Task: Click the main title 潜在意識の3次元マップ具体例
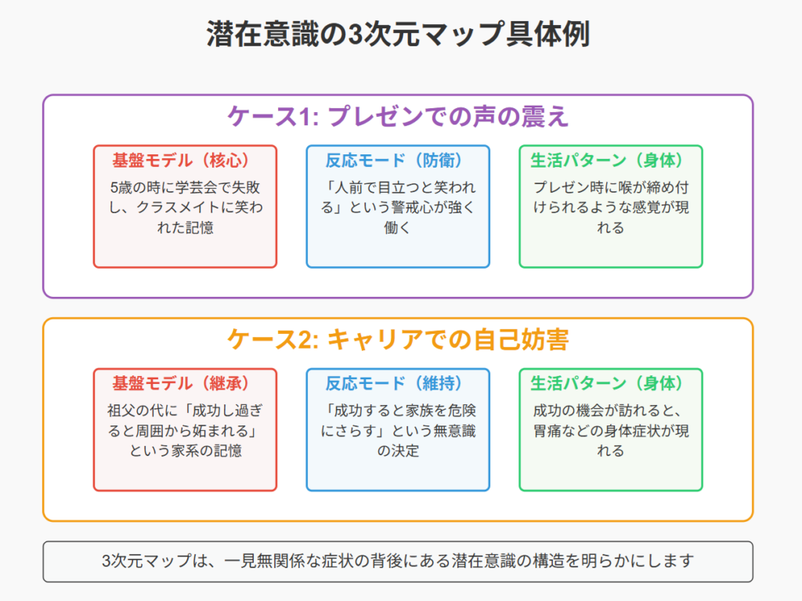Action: pyautogui.click(x=399, y=34)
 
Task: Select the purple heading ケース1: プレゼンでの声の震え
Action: pyautogui.click(x=398, y=116)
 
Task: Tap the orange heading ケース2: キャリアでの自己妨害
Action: pyautogui.click(x=398, y=339)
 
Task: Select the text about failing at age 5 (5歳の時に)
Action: pyautogui.click(x=185, y=208)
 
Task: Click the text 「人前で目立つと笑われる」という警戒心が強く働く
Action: pyautogui.click(x=398, y=208)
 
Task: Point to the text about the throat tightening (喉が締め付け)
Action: pyautogui.click(x=611, y=208)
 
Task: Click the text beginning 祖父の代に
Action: pyautogui.click(x=185, y=430)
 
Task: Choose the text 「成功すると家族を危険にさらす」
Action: pyautogui.click(x=398, y=421)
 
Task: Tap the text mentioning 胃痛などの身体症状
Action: pyautogui.click(x=611, y=430)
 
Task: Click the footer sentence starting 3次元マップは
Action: pyautogui.click(x=398, y=561)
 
